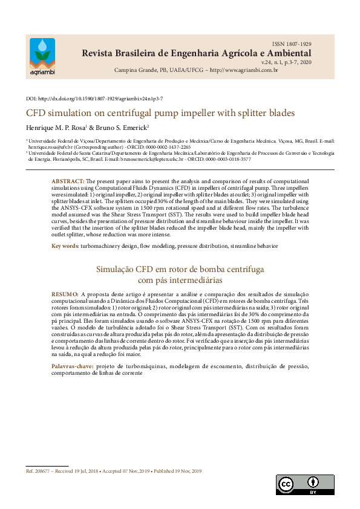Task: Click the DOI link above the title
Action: pos(94,98)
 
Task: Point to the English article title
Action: pos(152,113)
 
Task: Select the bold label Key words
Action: pos(64,246)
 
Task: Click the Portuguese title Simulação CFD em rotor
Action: pos(180,270)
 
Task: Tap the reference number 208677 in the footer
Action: pos(42,471)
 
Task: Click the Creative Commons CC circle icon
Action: pos(285,484)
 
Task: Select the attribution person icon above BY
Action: pos(313,482)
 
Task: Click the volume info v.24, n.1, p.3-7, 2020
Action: pos(286,62)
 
